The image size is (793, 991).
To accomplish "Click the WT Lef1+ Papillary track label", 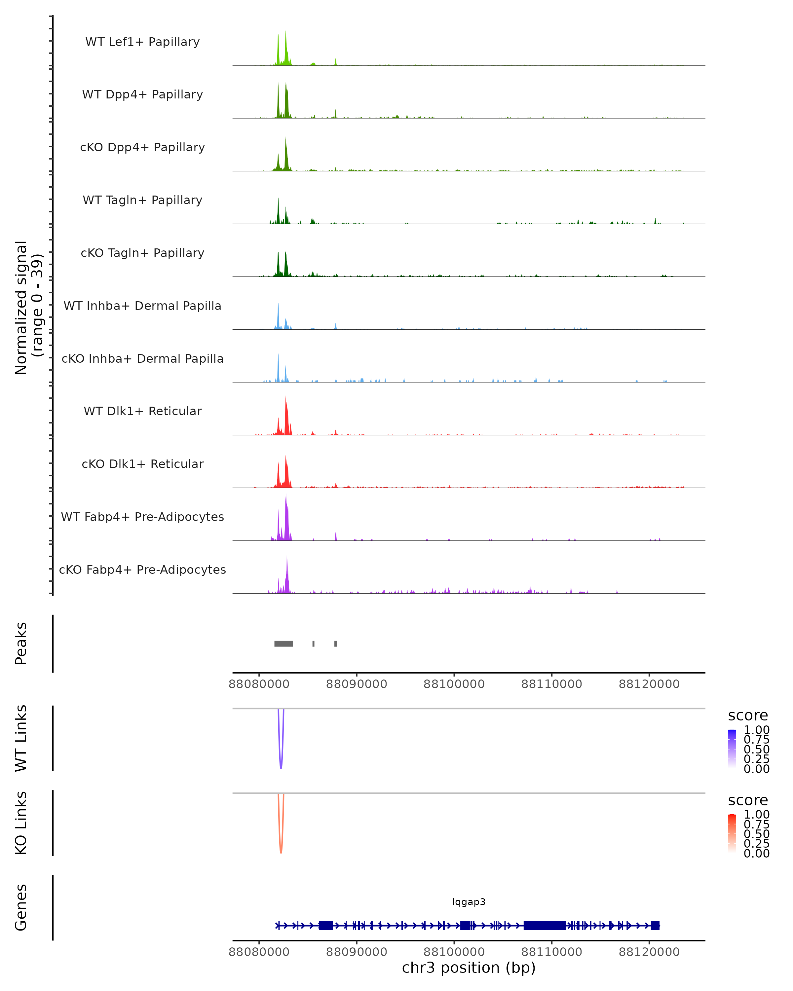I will (x=142, y=42).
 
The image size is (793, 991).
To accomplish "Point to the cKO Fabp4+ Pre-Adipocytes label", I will (x=142, y=569).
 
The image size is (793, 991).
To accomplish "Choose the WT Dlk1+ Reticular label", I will (x=142, y=411).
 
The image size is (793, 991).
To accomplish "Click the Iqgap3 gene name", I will (x=469, y=901).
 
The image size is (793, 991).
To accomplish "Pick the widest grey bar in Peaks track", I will (x=283, y=643).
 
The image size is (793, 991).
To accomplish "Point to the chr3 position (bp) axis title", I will (x=469, y=968).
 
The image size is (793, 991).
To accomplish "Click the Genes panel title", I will (x=21, y=907).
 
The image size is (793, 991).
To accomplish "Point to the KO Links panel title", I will (x=21, y=823).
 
